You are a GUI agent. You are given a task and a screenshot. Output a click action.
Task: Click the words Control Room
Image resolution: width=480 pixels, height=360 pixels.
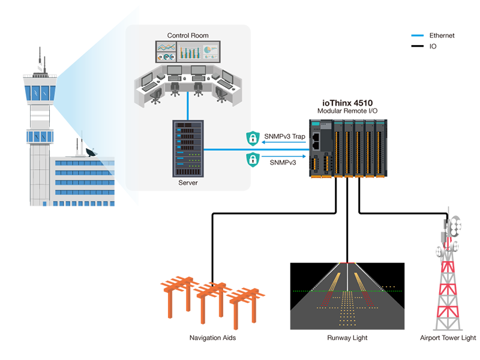pos(188,36)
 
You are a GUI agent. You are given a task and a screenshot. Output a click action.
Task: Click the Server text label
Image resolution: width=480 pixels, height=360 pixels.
pos(188,182)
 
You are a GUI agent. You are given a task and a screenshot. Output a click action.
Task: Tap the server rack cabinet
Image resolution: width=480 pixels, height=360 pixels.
pos(188,148)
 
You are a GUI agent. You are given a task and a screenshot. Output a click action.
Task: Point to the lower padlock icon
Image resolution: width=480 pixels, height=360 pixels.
pos(253,160)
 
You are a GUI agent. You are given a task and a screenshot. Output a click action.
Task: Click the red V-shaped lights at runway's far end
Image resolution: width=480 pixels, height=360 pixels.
pos(347,260)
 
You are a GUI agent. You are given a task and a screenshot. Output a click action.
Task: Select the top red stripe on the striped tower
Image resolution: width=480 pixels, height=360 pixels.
pos(447,268)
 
